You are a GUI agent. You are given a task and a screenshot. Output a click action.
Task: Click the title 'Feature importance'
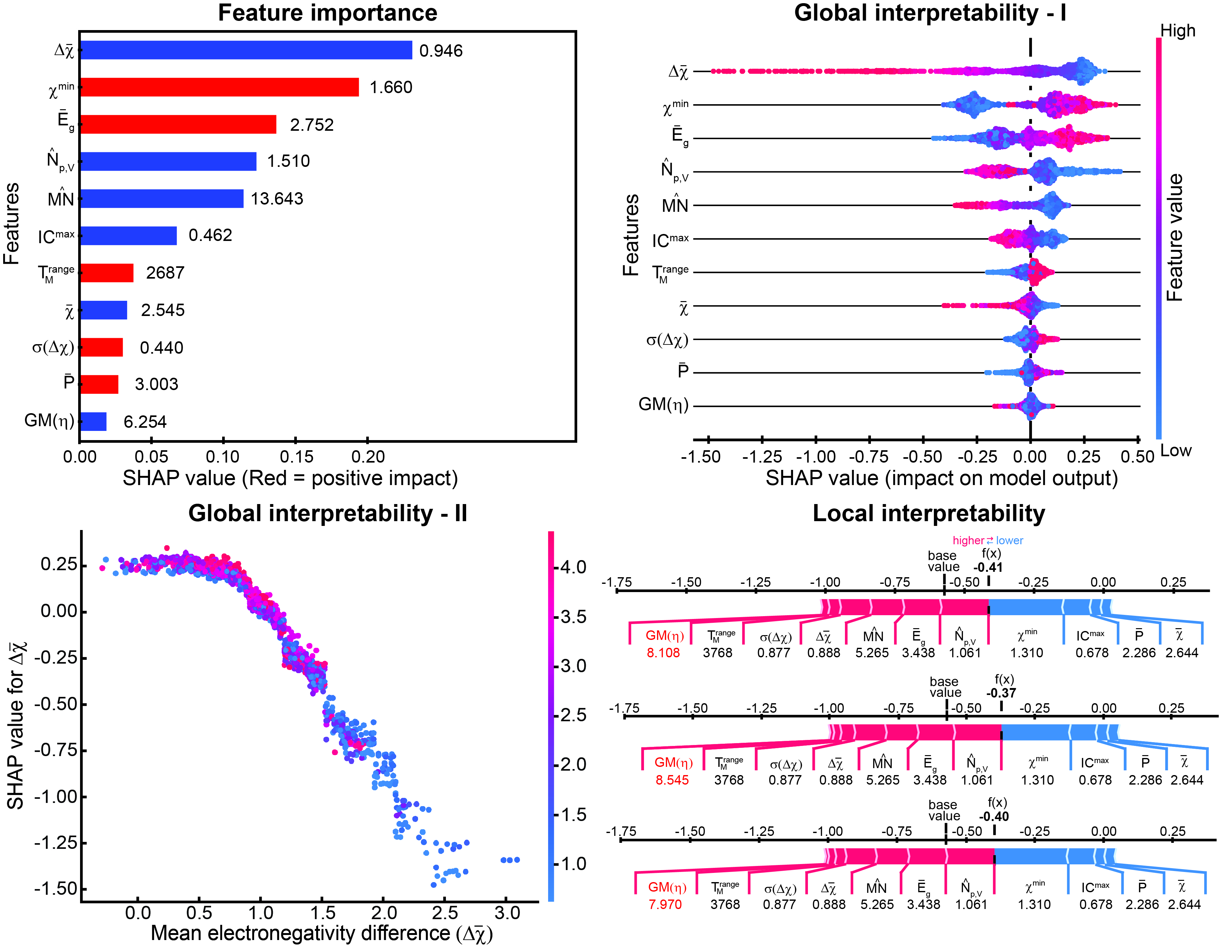(x=328, y=13)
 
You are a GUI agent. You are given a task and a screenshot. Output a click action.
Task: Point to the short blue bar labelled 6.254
(x=93, y=421)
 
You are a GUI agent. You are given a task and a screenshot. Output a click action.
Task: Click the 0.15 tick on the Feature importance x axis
(x=296, y=457)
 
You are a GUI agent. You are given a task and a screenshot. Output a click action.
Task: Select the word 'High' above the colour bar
(x=1178, y=31)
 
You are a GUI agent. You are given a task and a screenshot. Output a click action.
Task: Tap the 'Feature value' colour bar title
(x=1175, y=237)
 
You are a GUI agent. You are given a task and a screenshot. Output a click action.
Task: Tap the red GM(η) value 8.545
(x=672, y=780)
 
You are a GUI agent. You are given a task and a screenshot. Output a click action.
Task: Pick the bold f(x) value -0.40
(x=994, y=816)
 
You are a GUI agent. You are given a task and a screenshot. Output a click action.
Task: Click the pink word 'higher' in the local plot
(x=968, y=540)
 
